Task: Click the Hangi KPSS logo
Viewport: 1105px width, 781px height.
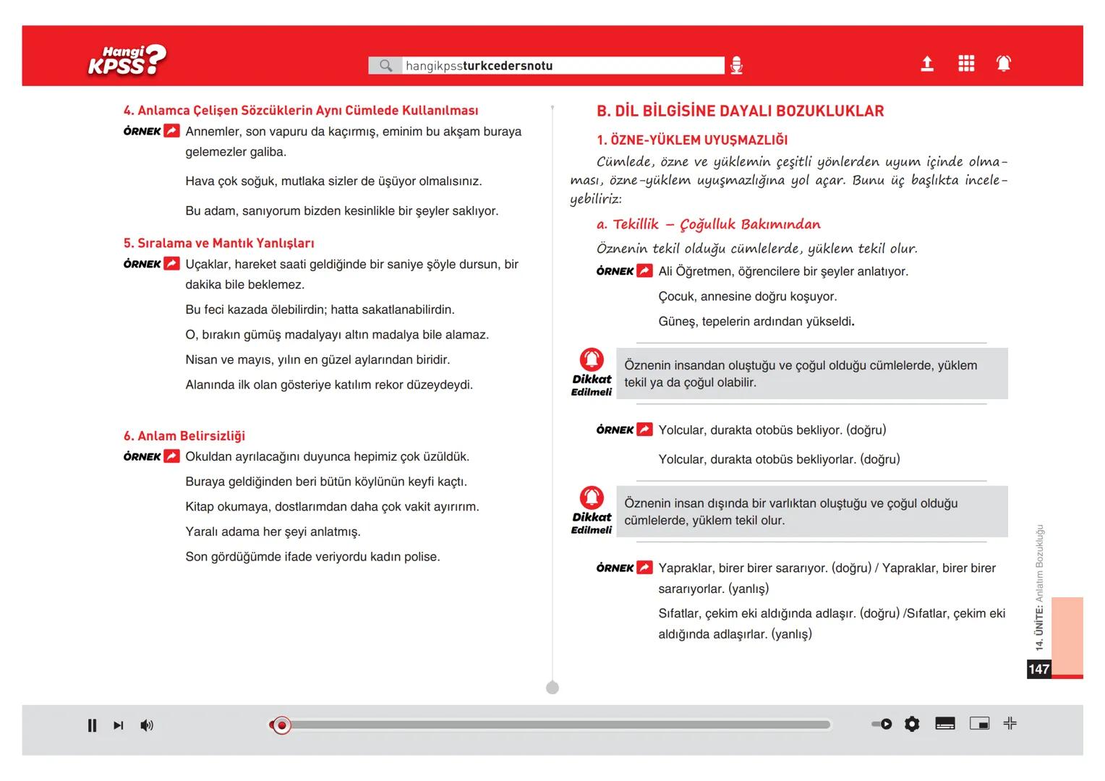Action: [127, 61]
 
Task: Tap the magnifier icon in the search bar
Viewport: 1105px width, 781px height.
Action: [386, 66]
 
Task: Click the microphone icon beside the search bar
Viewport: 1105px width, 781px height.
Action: [736, 66]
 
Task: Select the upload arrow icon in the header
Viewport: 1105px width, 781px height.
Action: [927, 64]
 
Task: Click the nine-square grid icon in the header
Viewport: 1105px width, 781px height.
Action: [966, 64]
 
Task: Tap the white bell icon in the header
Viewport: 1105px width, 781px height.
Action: [1004, 64]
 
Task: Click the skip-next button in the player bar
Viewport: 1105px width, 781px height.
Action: [119, 725]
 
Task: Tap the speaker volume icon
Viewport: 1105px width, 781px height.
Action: [147, 725]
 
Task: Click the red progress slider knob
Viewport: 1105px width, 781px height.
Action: [282, 725]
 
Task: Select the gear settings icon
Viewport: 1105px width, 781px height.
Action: [912, 724]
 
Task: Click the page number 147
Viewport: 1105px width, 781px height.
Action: [1038, 669]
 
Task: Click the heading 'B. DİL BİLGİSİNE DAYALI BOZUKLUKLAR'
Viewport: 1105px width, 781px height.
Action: [740, 111]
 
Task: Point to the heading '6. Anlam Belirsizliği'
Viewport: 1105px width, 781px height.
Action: [184, 436]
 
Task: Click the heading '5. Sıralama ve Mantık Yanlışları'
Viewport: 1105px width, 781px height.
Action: [218, 244]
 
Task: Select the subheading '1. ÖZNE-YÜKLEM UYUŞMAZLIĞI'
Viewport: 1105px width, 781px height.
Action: [692, 140]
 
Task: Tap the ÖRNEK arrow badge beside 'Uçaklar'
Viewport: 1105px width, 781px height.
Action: [171, 264]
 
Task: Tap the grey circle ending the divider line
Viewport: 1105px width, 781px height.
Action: [552, 688]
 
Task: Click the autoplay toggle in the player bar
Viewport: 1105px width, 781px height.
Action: [882, 724]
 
